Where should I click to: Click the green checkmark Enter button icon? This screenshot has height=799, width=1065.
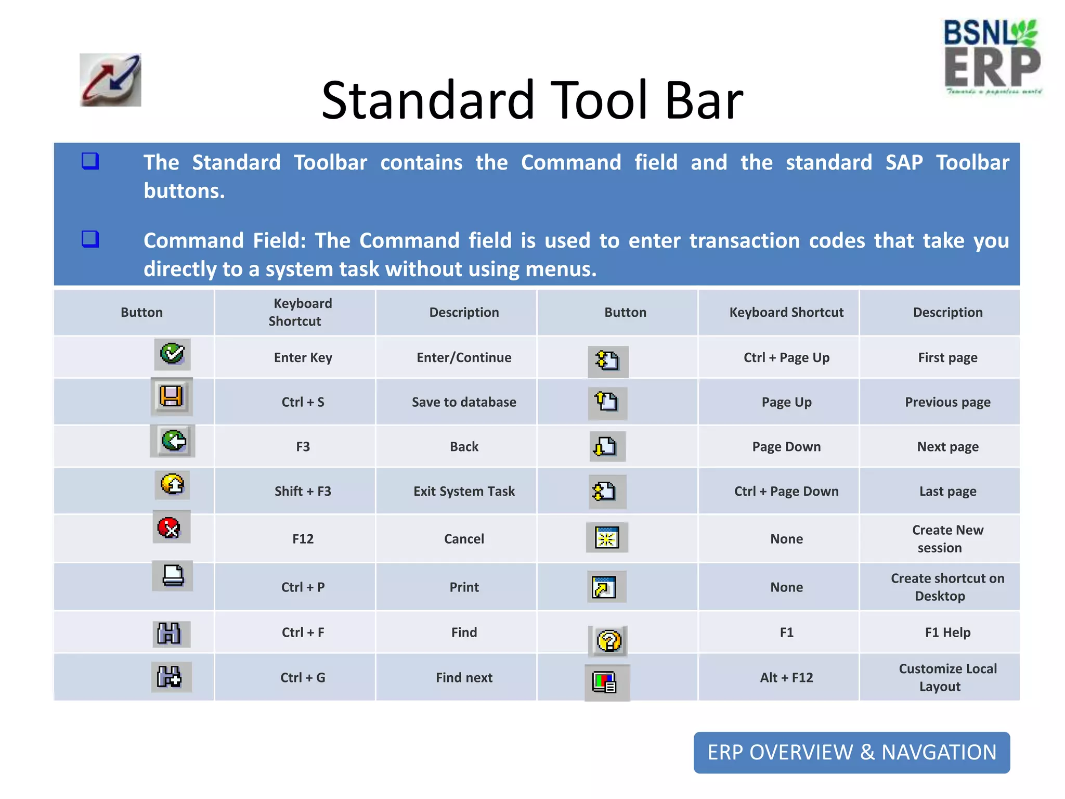pos(172,354)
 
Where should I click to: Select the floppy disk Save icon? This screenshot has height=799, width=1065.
pos(172,396)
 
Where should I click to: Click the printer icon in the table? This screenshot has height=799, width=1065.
pos(173,575)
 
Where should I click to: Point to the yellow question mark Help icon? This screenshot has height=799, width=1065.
pos(608,641)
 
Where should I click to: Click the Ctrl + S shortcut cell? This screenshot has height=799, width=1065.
pos(303,402)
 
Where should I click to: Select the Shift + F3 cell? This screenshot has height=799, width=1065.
pos(303,491)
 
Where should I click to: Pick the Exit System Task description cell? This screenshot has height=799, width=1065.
pos(464,491)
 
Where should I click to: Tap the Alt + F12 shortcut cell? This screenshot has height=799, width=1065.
pos(786,677)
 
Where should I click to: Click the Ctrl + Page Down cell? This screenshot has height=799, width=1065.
pos(786,491)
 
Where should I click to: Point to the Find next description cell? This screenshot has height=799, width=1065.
pos(464,677)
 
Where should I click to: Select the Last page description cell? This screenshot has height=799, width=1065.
pos(947,491)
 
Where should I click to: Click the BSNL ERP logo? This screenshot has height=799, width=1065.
pos(993,57)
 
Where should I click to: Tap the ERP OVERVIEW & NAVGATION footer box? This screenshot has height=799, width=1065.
pos(852,752)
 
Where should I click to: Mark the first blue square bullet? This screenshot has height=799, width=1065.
pos(90,161)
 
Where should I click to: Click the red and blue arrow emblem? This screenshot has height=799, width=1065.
pos(110,80)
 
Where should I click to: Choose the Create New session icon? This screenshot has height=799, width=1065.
pos(607,538)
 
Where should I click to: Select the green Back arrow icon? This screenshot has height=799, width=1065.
pos(173,441)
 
